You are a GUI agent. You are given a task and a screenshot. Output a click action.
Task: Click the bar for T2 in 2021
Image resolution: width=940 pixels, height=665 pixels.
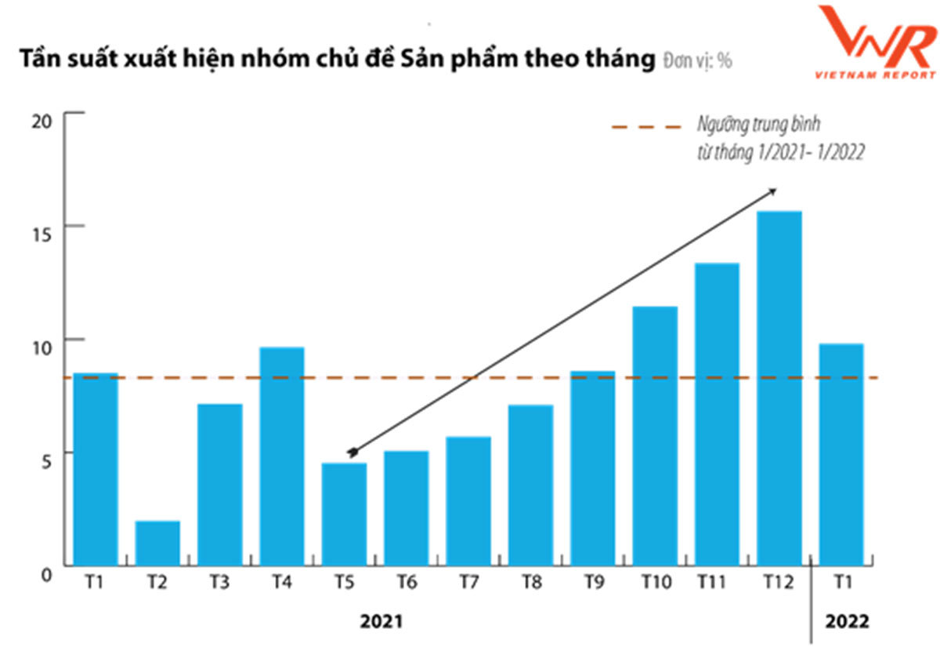157,543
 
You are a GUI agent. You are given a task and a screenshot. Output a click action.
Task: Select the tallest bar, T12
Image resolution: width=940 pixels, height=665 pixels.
779,388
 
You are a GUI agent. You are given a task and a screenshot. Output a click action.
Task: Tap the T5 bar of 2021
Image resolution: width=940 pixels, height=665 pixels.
345,514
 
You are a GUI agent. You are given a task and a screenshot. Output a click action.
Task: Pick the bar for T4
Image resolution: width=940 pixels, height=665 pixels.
282,456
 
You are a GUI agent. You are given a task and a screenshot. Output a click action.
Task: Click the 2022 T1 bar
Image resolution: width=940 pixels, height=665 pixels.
841,454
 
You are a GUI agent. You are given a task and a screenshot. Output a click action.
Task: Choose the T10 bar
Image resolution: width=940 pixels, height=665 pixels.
655,435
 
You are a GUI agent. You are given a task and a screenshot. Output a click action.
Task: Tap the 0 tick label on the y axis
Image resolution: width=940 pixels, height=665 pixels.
45,575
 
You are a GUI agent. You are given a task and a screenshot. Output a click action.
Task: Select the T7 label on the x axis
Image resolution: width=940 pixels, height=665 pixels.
468,583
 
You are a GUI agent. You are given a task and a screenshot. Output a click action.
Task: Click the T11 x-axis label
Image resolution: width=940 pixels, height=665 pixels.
717,583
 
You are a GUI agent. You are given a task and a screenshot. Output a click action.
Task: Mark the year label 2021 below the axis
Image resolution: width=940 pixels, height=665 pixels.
381,622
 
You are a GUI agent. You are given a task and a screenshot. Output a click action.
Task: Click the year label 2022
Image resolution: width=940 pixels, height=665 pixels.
847,622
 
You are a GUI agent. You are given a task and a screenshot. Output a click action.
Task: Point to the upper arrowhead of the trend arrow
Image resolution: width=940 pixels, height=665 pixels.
772,191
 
